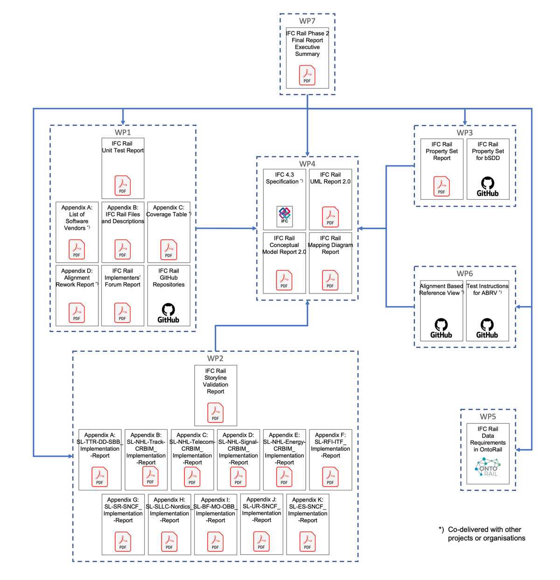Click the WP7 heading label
307,21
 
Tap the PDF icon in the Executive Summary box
307,75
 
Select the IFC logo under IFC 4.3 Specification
285,216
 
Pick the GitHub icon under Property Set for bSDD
488,187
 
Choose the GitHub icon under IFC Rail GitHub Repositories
168,313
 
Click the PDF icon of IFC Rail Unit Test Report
122,185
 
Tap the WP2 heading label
215,358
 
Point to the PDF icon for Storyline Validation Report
215,412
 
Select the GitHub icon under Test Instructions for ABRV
487,328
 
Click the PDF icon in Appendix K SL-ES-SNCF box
308,541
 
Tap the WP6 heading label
464,273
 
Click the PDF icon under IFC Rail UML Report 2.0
330,217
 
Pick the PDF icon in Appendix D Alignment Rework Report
77,313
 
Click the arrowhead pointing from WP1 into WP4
254,228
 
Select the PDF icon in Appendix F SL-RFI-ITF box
330,477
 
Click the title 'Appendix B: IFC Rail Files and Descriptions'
123,214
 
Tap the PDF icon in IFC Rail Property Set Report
441,186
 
